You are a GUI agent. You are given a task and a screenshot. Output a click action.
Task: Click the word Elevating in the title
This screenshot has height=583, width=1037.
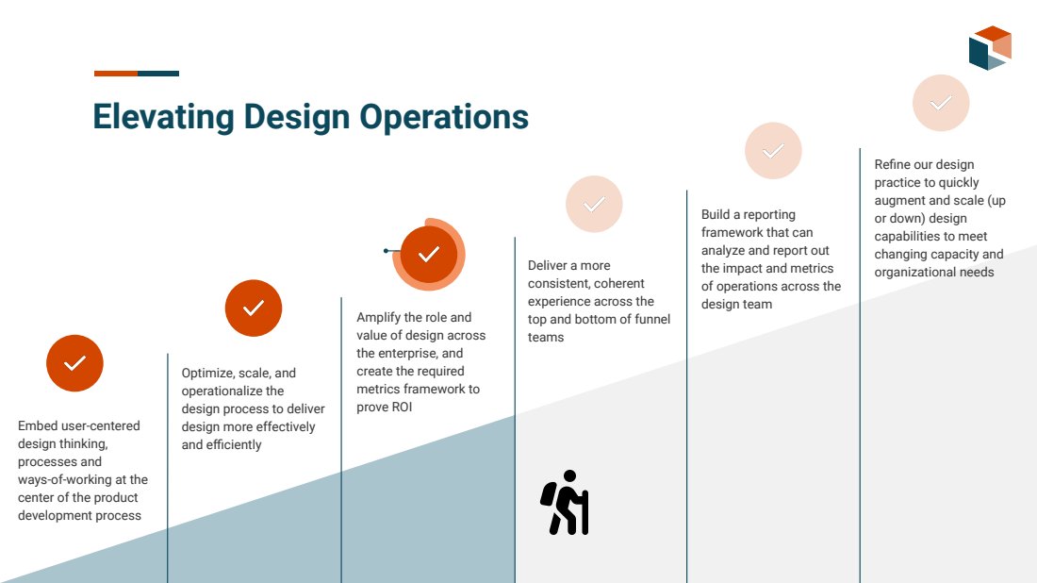163,117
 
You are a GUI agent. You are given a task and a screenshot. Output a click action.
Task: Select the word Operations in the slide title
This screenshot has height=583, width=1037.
444,117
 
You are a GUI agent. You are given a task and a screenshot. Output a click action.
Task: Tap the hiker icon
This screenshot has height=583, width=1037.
564,502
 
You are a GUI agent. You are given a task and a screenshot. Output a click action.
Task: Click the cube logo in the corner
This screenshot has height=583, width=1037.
990,48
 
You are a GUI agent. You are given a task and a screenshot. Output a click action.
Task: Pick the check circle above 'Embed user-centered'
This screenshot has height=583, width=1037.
74,363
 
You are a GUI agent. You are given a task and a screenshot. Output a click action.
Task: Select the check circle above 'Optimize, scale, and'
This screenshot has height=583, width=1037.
254,308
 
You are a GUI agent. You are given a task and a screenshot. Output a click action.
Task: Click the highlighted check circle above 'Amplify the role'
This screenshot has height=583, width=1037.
429,254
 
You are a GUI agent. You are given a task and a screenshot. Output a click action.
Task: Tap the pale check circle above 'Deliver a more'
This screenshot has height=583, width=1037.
594,204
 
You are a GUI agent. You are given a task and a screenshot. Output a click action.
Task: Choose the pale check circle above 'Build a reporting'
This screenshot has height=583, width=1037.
773,151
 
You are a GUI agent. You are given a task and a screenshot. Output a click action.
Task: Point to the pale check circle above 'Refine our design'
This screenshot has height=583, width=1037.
941,103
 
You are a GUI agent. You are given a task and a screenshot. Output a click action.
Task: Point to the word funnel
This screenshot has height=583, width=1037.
650,319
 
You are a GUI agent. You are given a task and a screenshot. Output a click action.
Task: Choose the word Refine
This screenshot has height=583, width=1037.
892,164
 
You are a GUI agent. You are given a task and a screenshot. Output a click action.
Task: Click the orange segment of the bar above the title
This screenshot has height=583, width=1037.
116,74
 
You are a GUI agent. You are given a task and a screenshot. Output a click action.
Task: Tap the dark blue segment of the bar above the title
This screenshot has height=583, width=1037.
158,74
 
